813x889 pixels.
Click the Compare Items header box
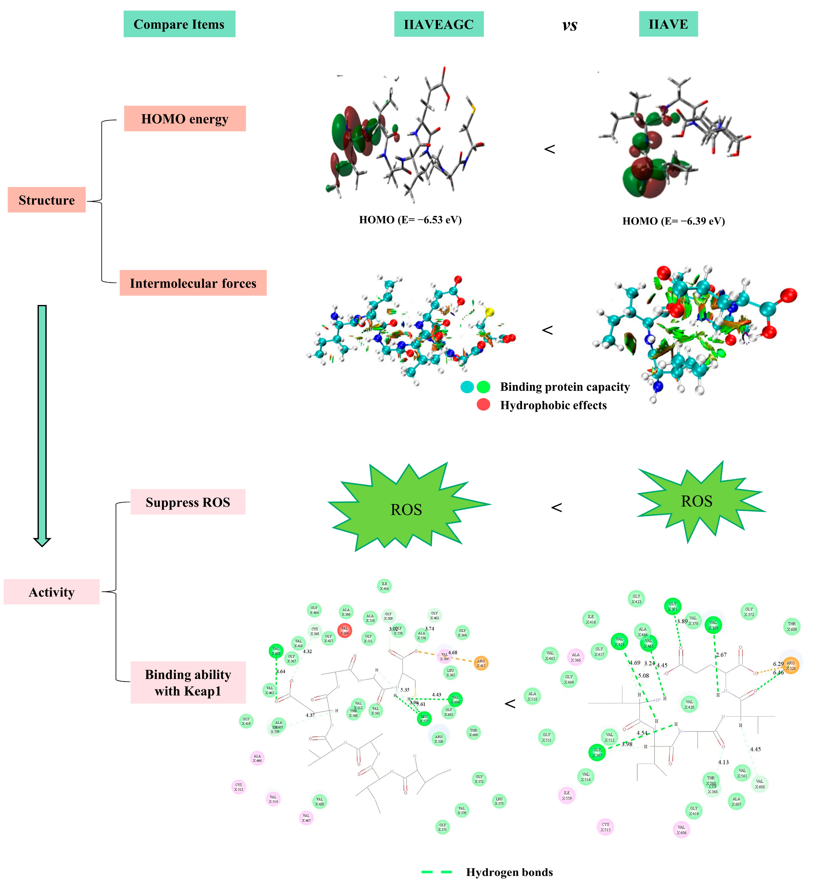[179, 24]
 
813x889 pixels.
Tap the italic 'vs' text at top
[569, 25]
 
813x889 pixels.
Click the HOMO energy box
[185, 119]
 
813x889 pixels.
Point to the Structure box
[46, 200]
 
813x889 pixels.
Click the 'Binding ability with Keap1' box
[188, 682]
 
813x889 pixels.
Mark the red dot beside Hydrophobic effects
[483, 404]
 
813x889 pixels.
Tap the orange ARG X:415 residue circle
[481, 663]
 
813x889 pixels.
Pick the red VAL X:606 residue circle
[344, 630]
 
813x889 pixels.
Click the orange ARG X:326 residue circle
[791, 665]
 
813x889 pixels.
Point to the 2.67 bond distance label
[721, 654]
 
